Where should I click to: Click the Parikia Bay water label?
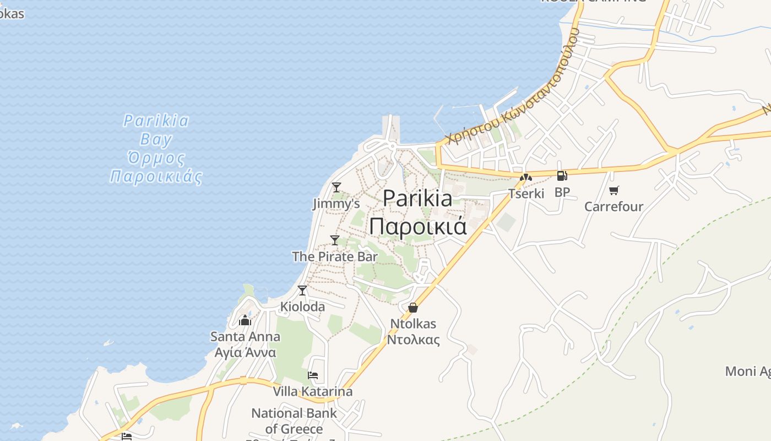pyautogui.click(x=156, y=130)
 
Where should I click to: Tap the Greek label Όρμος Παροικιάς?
pyautogui.click(x=156, y=168)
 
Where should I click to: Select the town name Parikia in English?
pyautogui.click(x=417, y=198)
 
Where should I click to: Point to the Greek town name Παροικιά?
pyautogui.click(x=417, y=226)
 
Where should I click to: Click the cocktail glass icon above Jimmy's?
pyautogui.click(x=336, y=187)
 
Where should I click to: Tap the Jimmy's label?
pyautogui.click(x=336, y=204)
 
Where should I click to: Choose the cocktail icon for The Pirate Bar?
pyautogui.click(x=335, y=240)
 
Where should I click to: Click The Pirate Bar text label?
pyautogui.click(x=335, y=256)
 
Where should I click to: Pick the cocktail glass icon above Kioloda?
pyautogui.click(x=302, y=291)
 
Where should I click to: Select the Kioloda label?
pyautogui.click(x=302, y=306)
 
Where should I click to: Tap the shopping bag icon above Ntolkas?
pyautogui.click(x=413, y=308)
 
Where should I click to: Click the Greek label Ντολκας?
pyautogui.click(x=413, y=340)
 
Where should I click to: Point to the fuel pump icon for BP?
pyautogui.click(x=562, y=176)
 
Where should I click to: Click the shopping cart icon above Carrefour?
pyautogui.click(x=613, y=191)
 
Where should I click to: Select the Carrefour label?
pyautogui.click(x=613, y=207)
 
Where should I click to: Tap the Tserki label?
pyautogui.click(x=526, y=193)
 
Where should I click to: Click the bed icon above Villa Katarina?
pyautogui.click(x=313, y=376)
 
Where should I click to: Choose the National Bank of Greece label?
pyautogui.click(x=294, y=421)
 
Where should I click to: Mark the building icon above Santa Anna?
pyautogui.click(x=245, y=320)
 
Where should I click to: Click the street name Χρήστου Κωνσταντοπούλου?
pyautogui.click(x=512, y=88)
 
